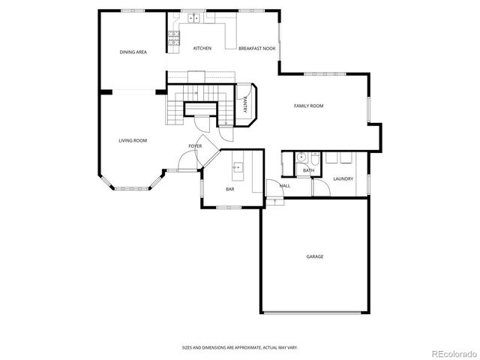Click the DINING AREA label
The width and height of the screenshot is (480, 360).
[x=133, y=52]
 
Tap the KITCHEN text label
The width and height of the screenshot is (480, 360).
[x=202, y=48]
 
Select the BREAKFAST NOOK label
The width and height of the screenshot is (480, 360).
[x=256, y=48]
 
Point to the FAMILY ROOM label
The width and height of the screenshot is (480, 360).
[x=308, y=106]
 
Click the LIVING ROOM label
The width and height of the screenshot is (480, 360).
[x=132, y=140]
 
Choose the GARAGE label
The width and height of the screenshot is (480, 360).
[x=314, y=256]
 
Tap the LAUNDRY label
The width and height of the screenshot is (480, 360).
[x=343, y=178]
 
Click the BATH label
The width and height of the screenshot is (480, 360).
[x=308, y=171]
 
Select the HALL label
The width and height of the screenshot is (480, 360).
[x=285, y=185]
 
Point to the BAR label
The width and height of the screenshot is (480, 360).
[x=230, y=188]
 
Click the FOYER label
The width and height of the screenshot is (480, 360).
[x=195, y=145]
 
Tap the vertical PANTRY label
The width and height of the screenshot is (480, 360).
[x=245, y=106]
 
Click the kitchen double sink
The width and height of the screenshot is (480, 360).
[x=193, y=16]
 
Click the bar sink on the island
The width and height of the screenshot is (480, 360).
[x=238, y=167]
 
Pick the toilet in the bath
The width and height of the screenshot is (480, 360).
[x=315, y=159]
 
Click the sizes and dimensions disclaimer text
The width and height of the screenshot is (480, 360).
[x=239, y=347]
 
